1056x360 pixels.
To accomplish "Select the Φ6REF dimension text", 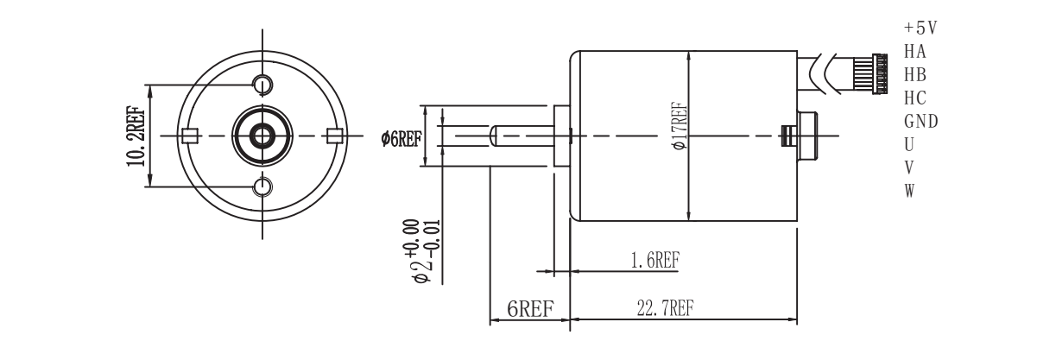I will tap(401, 137).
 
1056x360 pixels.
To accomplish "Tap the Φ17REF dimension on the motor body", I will tap(679, 128).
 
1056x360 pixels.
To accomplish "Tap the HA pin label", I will tap(915, 51).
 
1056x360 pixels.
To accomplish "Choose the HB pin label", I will tap(915, 74).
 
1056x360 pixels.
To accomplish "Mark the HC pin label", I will tap(915, 98).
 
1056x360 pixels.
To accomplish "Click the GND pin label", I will tap(920, 120).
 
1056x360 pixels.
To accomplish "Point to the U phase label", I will tap(908, 143).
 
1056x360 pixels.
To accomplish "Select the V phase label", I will tap(908, 166).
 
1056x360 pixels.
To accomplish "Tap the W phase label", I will tap(908, 189).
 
